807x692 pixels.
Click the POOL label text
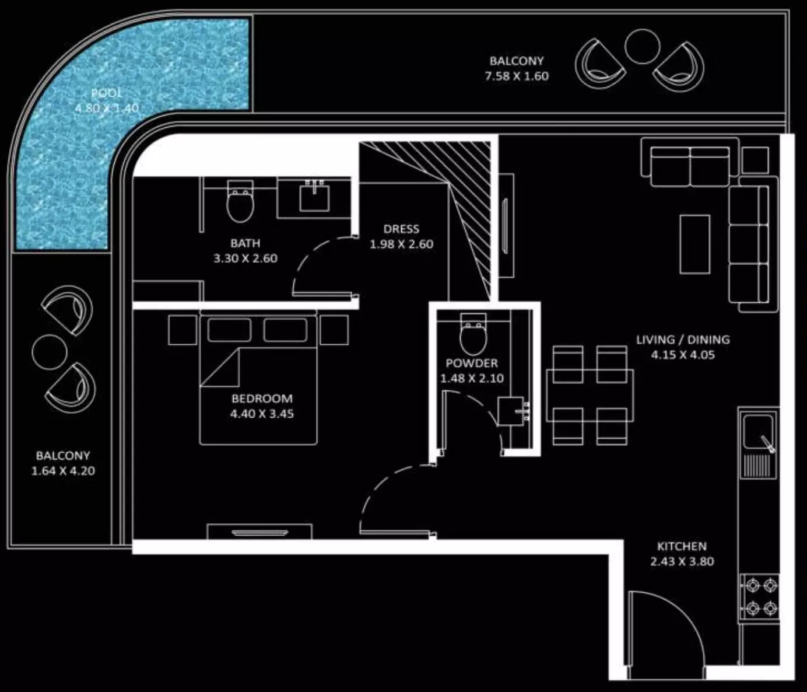point(107,93)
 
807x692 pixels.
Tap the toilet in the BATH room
point(240,201)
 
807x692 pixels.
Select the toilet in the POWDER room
point(473,334)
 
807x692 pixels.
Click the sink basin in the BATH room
point(314,198)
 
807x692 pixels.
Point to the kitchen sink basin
point(758,432)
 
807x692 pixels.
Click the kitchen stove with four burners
point(759,597)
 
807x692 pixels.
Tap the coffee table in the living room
point(695,244)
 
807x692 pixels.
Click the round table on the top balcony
point(642,47)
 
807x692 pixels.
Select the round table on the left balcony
point(49,352)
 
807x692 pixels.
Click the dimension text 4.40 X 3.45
point(262,414)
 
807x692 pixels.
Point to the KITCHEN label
point(682,546)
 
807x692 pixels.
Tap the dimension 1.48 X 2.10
point(472,378)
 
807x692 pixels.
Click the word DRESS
point(401,229)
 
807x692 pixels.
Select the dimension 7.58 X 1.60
point(517,76)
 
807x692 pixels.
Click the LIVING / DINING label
point(683,340)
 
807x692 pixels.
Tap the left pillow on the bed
point(230,330)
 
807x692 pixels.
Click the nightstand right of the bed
point(334,330)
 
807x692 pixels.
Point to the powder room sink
point(512,411)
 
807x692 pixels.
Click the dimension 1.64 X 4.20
point(63,471)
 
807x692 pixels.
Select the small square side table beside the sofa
point(756,160)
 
